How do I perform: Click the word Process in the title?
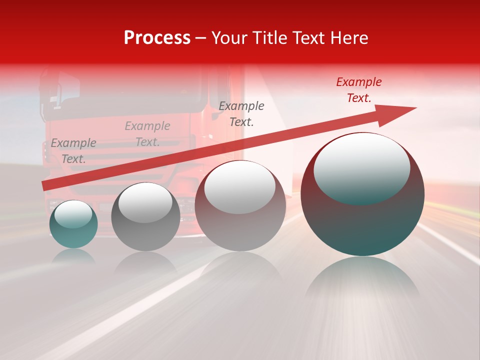(x=157, y=38)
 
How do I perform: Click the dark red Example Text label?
(x=359, y=90)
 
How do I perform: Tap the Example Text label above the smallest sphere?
(x=73, y=151)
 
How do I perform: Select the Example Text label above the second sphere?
(x=147, y=134)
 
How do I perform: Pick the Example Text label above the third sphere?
(x=241, y=113)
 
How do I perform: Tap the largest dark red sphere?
(x=362, y=220)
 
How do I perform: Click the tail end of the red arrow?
(x=46, y=185)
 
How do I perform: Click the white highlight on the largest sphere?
(x=361, y=165)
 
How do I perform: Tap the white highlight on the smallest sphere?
(x=73, y=214)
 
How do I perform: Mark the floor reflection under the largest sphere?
(x=362, y=280)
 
